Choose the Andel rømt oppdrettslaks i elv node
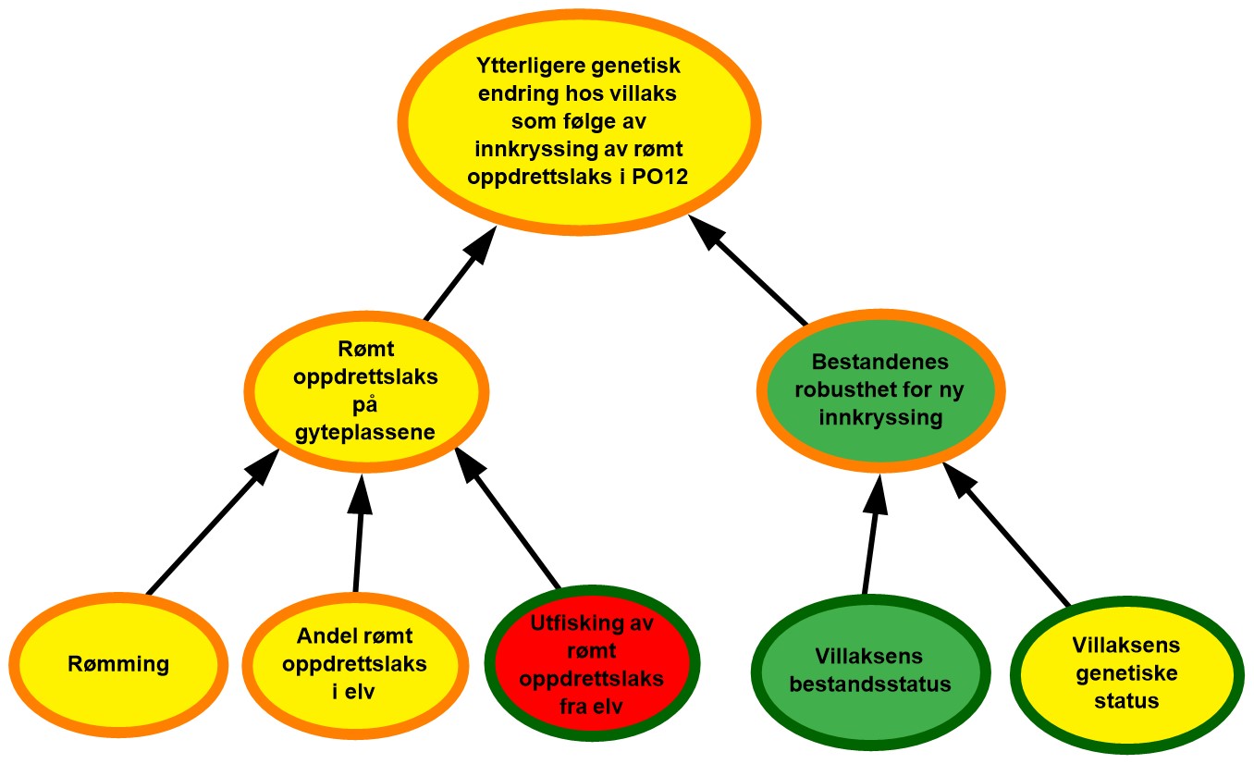[x=355, y=663]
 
